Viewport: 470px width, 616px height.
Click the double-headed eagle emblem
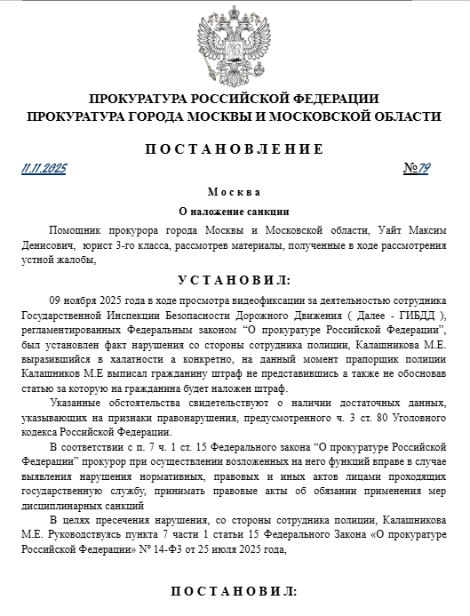[235, 42]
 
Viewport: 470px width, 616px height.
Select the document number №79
[417, 168]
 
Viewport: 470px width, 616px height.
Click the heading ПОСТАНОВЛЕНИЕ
[235, 148]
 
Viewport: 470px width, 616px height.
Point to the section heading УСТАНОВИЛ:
[235, 281]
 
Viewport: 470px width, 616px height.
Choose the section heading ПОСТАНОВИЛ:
[235, 591]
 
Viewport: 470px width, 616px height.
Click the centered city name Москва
[235, 193]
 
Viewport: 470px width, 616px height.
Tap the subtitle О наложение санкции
[235, 212]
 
